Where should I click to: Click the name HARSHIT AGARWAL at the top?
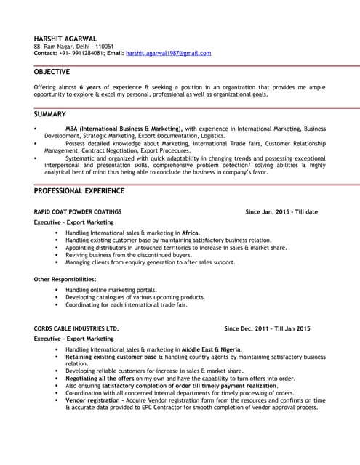tap(66, 38)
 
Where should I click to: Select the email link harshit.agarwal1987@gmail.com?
tap(168, 53)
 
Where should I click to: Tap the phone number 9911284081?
tap(81, 53)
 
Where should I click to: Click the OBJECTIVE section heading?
tap(52, 72)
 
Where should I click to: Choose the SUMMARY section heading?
tap(49, 114)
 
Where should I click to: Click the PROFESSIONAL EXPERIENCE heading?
tap(79, 190)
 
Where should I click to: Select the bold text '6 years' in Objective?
tap(90, 86)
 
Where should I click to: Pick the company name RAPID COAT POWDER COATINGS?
tap(78, 211)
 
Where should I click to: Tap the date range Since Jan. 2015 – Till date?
tap(281, 211)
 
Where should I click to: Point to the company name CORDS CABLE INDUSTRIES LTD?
tap(76, 328)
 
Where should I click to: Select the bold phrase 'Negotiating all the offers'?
tap(100, 378)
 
